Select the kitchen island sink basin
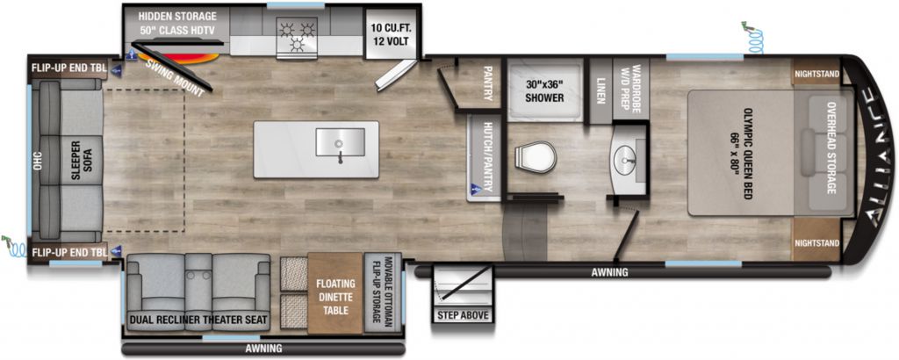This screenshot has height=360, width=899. (x=340, y=141)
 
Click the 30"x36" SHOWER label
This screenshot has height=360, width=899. (x=544, y=90)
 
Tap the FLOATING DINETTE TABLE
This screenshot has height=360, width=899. (x=335, y=293)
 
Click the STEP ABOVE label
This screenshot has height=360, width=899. (x=464, y=315)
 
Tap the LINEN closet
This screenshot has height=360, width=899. (x=601, y=90)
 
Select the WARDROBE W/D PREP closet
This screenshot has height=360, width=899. (x=630, y=90)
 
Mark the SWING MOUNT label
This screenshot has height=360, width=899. (x=176, y=78)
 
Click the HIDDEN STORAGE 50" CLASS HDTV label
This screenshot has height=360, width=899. (x=177, y=23)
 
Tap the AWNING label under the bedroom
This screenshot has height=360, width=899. (x=610, y=272)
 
